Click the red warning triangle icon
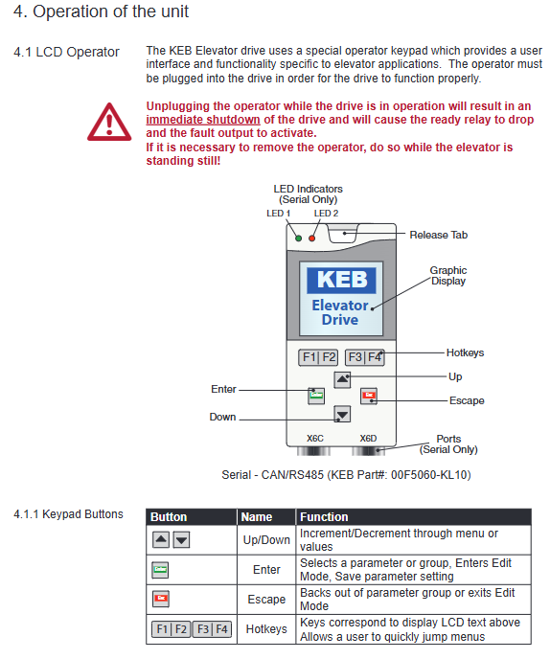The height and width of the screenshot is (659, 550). [x=109, y=122]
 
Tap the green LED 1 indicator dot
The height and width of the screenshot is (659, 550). [x=298, y=239]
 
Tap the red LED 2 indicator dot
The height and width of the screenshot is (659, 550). [x=312, y=239]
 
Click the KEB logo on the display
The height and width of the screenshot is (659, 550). [x=341, y=280]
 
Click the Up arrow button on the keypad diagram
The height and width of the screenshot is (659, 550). [x=342, y=379]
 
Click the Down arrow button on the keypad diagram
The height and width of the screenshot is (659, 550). [x=342, y=415]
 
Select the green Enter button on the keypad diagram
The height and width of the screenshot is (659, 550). [x=316, y=396]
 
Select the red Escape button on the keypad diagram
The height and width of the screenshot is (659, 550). [x=369, y=396]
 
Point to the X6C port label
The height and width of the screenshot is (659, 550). [x=315, y=439]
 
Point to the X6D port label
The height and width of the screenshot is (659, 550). [x=368, y=439]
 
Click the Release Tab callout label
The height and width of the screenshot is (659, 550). [x=439, y=235]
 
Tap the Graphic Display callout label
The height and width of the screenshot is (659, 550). [x=448, y=276]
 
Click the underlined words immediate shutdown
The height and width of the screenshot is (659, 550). [x=203, y=120]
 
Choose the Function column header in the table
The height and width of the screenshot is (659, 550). [x=324, y=517]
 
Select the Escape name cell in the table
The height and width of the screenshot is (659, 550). [x=266, y=600]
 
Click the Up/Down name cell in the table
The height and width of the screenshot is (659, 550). [x=266, y=540]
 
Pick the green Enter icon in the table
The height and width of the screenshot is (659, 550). [x=160, y=570]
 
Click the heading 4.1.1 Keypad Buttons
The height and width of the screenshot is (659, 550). [x=68, y=514]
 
